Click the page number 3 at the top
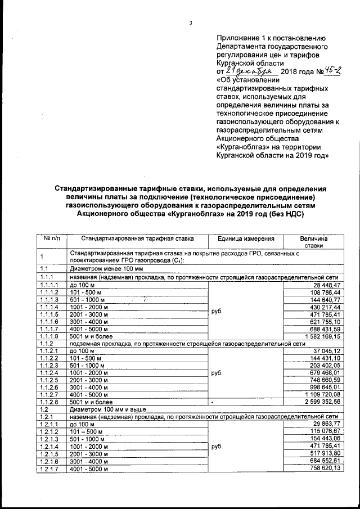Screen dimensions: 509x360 coord(191,23)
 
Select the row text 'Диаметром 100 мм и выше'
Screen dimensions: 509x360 coord(103,409)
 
